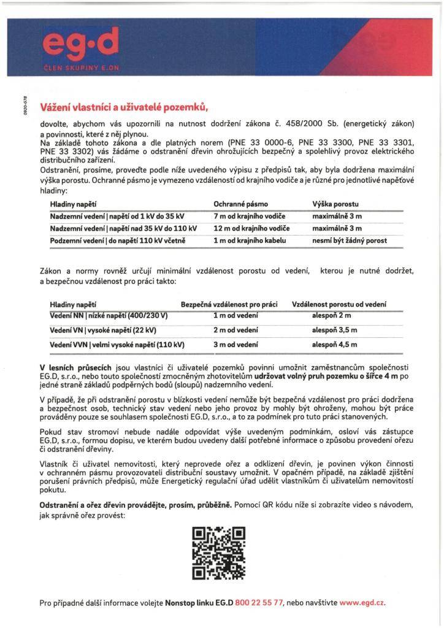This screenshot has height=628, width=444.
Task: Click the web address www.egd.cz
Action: click(x=362, y=603)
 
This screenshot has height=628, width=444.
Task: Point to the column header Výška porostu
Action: click(x=335, y=203)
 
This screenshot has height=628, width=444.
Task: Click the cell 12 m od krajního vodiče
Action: click(x=251, y=228)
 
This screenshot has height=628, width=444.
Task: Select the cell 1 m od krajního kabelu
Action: click(x=250, y=240)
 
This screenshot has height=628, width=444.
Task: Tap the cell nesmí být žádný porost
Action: click(x=350, y=240)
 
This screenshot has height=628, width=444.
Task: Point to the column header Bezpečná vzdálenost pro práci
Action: click(x=229, y=304)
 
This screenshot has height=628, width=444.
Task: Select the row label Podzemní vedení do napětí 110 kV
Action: click(x=118, y=240)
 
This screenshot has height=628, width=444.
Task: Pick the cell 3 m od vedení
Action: click(x=235, y=345)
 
